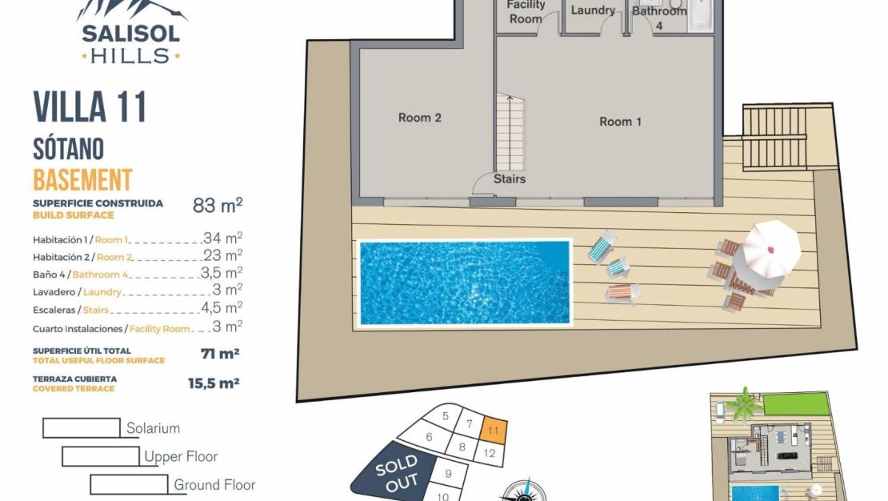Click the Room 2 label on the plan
click(420, 118)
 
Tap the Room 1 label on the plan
click(620, 122)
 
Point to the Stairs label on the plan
click(509, 179)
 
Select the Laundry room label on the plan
click(593, 10)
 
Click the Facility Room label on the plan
click(526, 12)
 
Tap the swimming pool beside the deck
click(464, 283)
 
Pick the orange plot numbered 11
click(494, 430)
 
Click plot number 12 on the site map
click(490, 454)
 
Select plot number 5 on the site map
click(446, 416)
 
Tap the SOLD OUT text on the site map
click(397, 473)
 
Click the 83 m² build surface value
click(218, 205)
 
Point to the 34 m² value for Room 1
click(222, 238)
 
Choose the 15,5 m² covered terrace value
click(214, 383)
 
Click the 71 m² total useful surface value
click(220, 354)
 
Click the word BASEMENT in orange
click(82, 180)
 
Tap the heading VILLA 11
click(90, 107)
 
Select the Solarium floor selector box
click(82, 428)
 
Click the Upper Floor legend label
click(181, 457)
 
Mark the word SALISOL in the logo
click(131, 34)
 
